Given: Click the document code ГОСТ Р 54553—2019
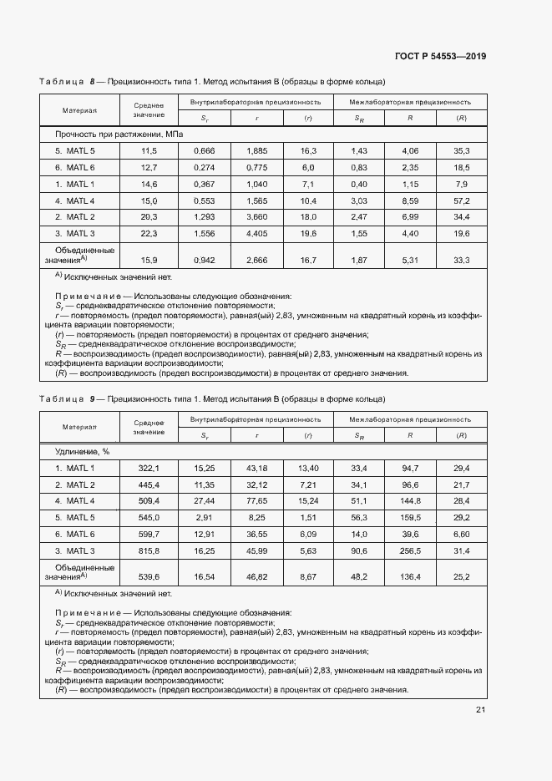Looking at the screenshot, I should (440, 57).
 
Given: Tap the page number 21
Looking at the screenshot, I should (480, 710).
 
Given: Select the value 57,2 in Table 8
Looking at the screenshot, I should (460, 200).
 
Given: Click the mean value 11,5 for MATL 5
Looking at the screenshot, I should (149, 150).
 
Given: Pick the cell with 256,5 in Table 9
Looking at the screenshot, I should (410, 550).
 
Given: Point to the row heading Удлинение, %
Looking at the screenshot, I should (83, 451).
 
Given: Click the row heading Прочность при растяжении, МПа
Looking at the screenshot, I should (119, 134).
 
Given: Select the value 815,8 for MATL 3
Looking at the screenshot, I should (148, 550).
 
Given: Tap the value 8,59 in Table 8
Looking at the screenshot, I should (410, 200).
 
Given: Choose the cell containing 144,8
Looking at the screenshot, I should (410, 501).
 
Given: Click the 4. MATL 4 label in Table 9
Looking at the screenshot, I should (75, 501).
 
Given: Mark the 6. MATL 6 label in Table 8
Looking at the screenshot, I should (75, 167).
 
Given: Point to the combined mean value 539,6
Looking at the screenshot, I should (148, 576).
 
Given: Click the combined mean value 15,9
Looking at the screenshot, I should (149, 261).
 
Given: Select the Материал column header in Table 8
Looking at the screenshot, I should (80, 109).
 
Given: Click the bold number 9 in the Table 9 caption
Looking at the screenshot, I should (93, 398).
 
